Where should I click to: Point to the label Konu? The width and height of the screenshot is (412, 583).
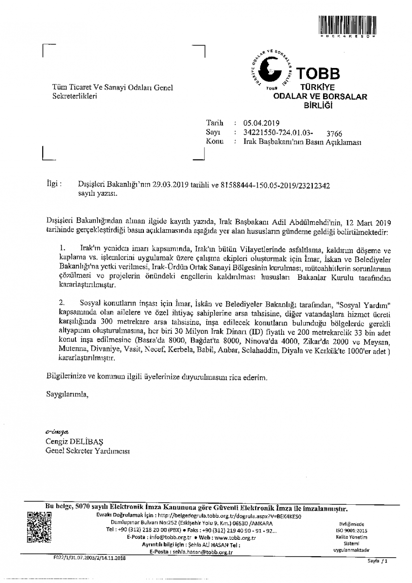(214, 141)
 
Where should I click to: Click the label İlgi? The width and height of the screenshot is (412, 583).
(52, 184)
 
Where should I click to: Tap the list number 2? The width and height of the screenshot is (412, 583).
(62, 303)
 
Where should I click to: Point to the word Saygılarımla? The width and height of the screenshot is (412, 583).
(67, 394)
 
